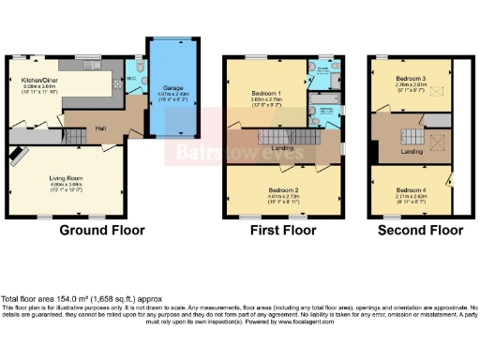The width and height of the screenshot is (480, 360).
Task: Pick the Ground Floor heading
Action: (102, 230)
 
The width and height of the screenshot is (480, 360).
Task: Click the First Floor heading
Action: (284, 230)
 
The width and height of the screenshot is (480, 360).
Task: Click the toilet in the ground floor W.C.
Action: (140, 69)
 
